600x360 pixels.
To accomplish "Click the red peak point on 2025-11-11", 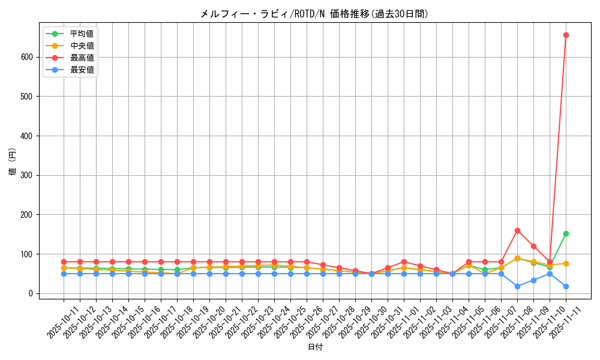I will coord(566,35).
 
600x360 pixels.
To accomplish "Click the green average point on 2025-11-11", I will coord(566,233).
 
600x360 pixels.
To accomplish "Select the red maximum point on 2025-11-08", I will coord(517,230).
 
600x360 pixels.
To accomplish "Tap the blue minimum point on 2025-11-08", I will coord(517,286).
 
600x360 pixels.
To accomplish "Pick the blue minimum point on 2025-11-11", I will coord(566,286).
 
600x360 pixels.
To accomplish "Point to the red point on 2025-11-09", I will coord(533,246).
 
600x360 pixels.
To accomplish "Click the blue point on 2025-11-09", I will coord(533,280).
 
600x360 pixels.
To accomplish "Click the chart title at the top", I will coord(314,14).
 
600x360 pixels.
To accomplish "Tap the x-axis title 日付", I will coord(315,347).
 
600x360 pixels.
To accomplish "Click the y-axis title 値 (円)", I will coord(13,162).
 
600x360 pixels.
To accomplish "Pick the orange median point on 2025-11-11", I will coord(566,263).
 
